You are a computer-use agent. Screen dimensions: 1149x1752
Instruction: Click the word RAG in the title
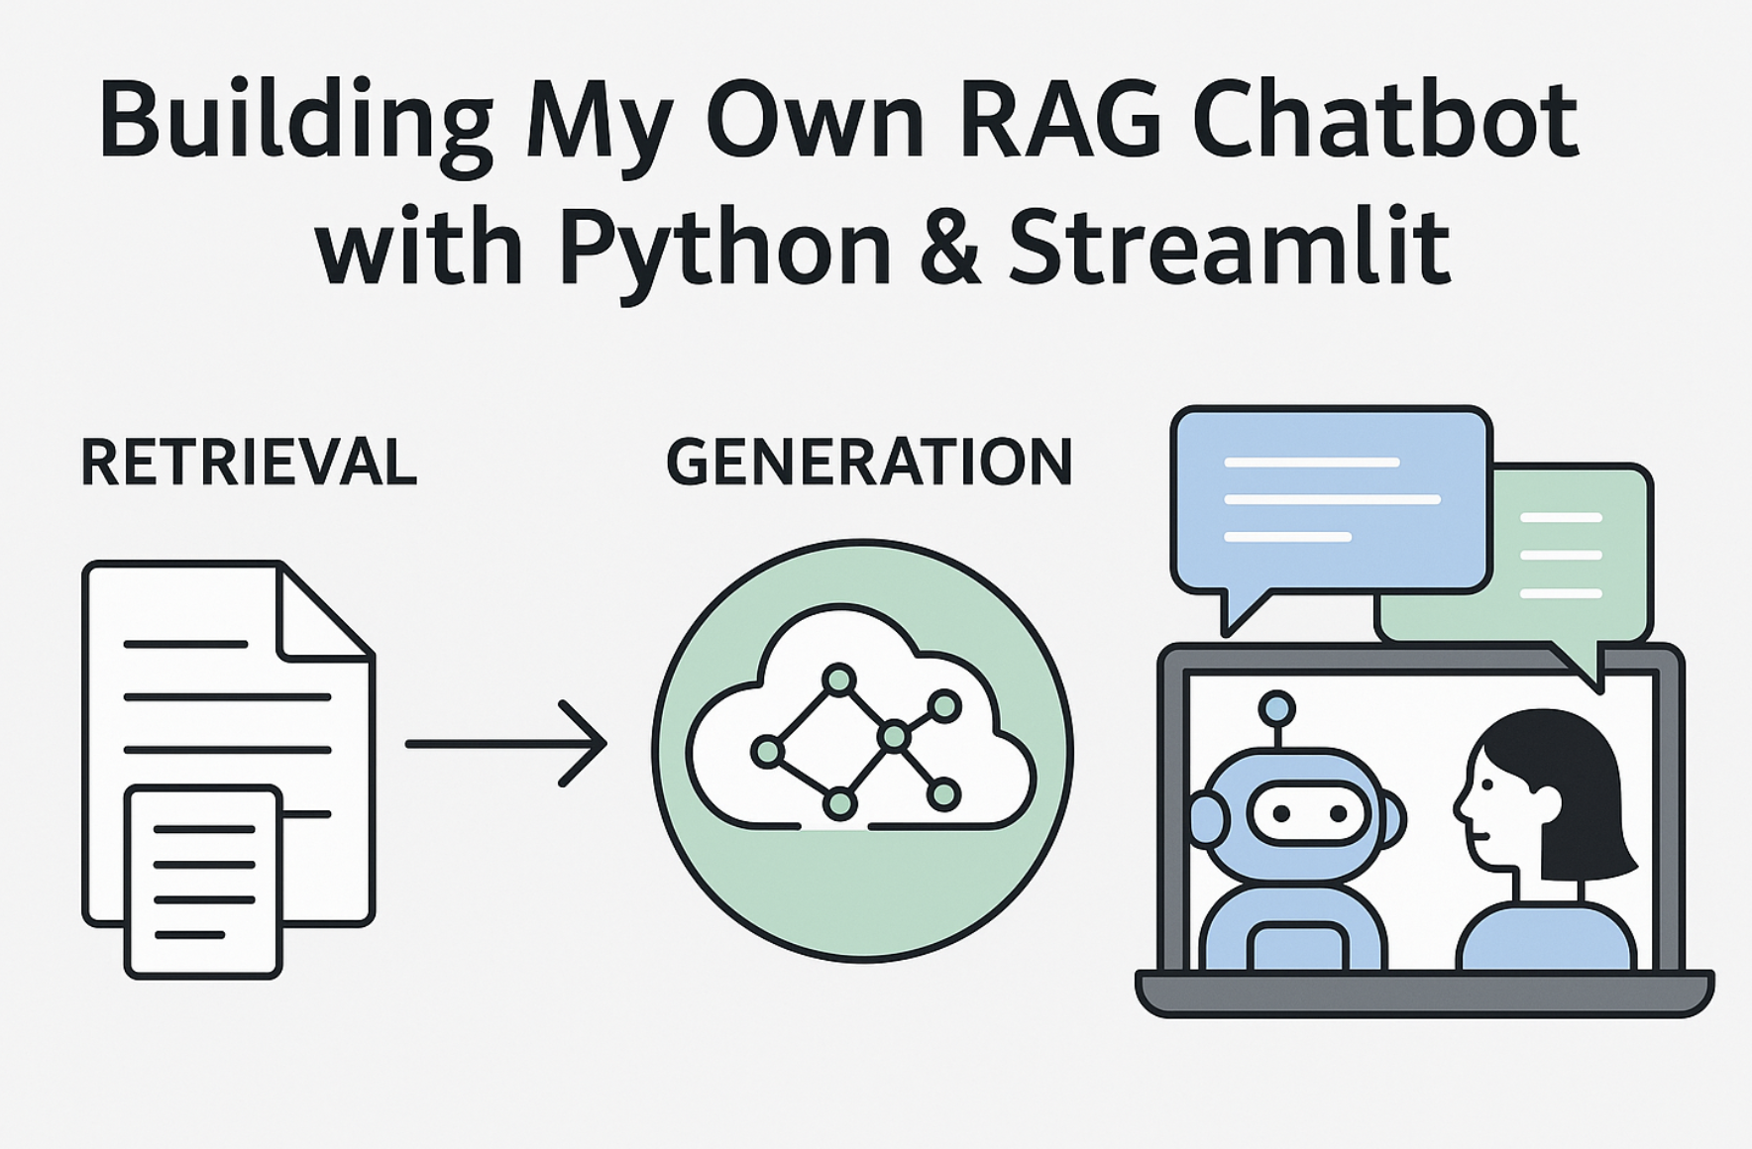(1061, 121)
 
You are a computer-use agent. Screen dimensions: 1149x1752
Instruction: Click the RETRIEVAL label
(248, 463)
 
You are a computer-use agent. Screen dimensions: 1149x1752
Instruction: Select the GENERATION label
(869, 463)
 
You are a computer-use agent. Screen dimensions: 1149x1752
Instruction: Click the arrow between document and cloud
(506, 743)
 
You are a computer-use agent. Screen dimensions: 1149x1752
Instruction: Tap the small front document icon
(203, 881)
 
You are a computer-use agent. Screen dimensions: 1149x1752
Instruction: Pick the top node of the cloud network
(839, 679)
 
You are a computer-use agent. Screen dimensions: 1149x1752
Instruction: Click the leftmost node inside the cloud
(767, 752)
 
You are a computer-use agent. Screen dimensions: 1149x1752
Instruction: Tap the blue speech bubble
(1330, 500)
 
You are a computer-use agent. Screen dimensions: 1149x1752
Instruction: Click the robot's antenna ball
(1276, 708)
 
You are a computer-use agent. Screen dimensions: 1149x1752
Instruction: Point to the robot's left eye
(1281, 814)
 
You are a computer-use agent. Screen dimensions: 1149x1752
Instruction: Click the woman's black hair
(1566, 783)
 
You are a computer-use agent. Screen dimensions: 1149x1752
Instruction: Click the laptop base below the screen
(1424, 992)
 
